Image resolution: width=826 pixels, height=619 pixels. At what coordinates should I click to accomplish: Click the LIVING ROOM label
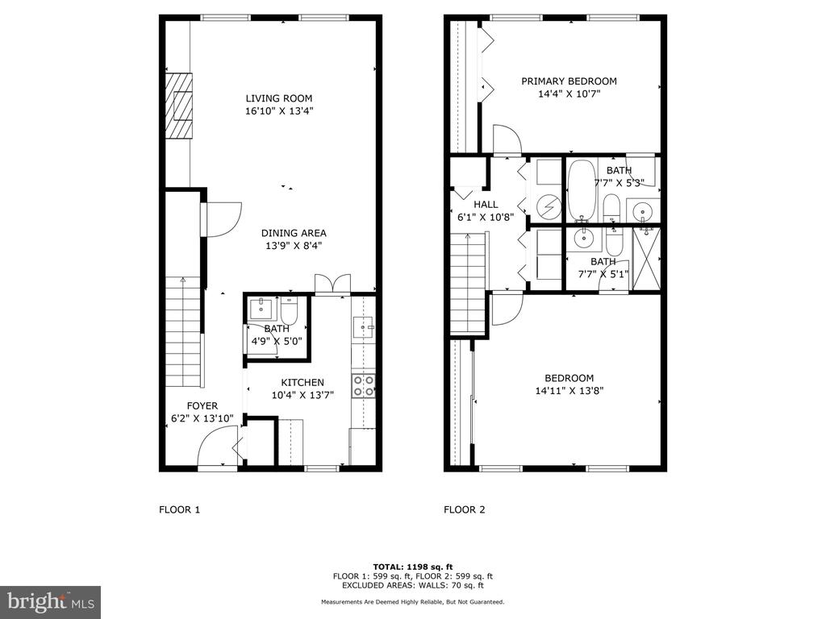(x=279, y=98)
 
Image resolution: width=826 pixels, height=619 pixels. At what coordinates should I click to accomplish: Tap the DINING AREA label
(x=294, y=233)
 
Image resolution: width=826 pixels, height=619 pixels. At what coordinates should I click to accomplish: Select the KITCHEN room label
(x=302, y=383)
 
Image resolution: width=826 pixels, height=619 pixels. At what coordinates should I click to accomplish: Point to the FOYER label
(x=202, y=406)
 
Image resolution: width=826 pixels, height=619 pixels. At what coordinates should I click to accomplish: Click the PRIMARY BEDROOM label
(x=569, y=81)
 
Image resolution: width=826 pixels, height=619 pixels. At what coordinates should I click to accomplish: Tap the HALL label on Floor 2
(x=486, y=204)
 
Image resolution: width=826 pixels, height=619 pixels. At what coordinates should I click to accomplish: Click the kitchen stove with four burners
(x=364, y=386)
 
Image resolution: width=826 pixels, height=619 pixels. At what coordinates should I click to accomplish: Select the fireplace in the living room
(x=179, y=106)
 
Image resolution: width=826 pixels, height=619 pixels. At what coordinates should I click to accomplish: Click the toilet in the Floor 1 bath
(x=290, y=310)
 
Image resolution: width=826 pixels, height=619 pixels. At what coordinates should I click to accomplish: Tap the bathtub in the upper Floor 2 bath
(x=582, y=190)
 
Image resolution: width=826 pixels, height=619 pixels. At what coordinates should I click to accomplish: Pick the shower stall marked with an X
(x=646, y=259)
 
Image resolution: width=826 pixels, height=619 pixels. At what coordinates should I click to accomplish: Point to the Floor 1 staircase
(x=184, y=332)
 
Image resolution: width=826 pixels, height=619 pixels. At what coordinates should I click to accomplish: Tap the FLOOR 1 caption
(x=180, y=509)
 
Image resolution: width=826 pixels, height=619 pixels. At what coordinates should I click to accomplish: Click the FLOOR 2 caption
(x=464, y=509)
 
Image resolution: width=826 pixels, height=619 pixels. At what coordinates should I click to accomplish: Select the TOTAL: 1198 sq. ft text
(x=413, y=567)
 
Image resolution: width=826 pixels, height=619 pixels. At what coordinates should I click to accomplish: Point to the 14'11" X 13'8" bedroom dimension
(x=569, y=391)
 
